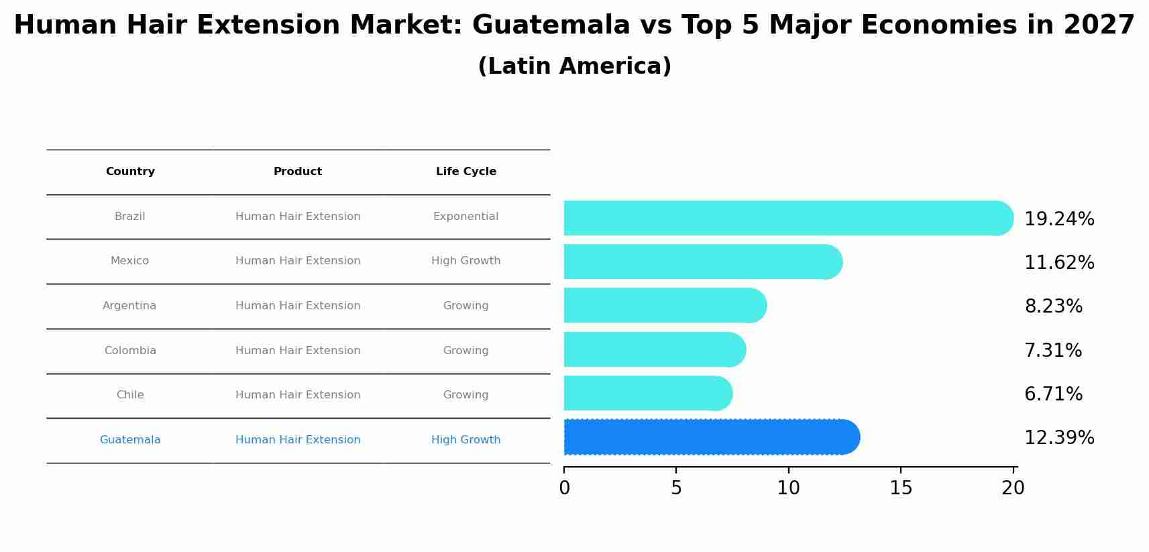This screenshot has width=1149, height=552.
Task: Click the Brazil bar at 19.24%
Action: [785, 218]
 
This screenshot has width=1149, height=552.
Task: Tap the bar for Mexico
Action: [701, 262]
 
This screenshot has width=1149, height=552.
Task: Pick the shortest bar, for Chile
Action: [647, 393]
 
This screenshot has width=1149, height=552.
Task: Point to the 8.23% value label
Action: [1053, 307]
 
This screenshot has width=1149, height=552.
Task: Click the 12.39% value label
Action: [1058, 438]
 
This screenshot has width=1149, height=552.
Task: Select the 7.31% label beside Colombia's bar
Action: [1052, 350]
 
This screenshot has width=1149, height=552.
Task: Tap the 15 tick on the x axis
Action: [900, 488]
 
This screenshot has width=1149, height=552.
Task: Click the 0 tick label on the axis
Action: [564, 488]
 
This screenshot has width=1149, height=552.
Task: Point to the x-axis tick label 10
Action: [788, 488]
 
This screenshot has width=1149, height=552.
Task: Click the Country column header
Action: [130, 172]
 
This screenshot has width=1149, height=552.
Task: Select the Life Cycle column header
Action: [466, 172]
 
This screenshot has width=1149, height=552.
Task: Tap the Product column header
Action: [298, 172]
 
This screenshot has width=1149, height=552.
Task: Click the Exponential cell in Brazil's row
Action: [466, 217]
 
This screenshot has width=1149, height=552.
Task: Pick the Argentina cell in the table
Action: [129, 306]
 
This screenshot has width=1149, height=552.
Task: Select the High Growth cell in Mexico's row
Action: [466, 261]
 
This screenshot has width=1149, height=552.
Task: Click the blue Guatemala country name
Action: [130, 440]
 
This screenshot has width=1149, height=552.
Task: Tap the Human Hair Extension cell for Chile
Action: [298, 395]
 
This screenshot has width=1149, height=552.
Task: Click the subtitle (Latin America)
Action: [574, 66]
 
